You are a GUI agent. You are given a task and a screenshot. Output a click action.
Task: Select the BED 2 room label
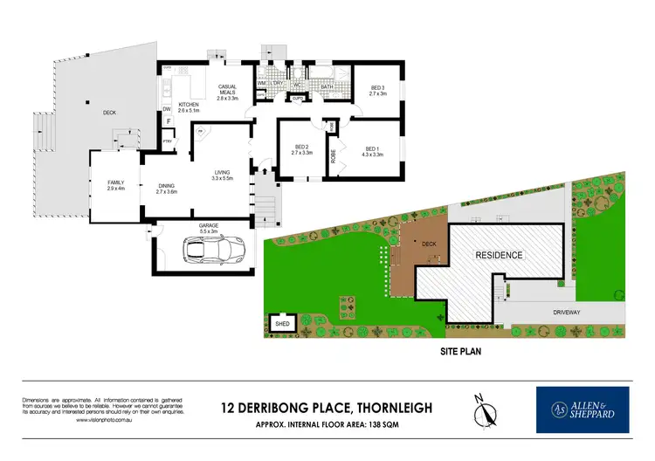pyautogui.click(x=303, y=150)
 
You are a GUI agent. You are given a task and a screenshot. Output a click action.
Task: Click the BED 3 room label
pyautogui.click(x=377, y=89)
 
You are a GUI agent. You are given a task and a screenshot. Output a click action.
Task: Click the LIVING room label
pyautogui.click(x=222, y=175)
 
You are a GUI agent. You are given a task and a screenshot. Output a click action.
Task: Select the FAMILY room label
pyautogui.click(x=115, y=184)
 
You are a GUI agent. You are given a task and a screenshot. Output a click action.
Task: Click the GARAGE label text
pyautogui.click(x=208, y=226)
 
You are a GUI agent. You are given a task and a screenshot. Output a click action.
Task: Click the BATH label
pyautogui.click(x=326, y=87)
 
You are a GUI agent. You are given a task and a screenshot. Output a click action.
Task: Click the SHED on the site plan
pyautogui.click(x=282, y=324)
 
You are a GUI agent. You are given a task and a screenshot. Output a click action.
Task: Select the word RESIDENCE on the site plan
pyautogui.click(x=499, y=256)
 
